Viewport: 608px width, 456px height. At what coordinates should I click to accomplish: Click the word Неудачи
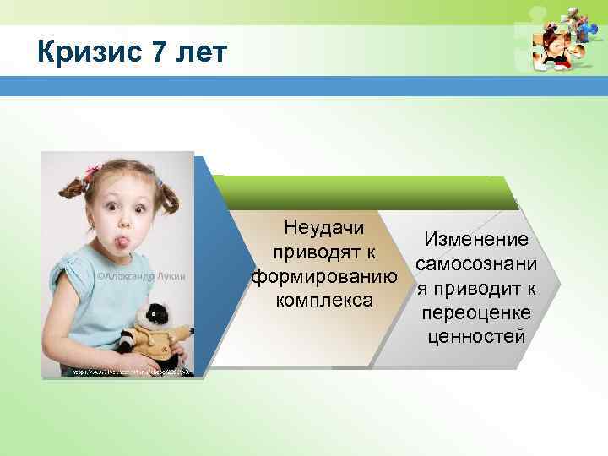click(x=324, y=228)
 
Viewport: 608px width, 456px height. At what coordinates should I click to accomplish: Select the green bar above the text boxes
click(x=363, y=191)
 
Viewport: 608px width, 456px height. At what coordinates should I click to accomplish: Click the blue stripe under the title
click(x=304, y=87)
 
